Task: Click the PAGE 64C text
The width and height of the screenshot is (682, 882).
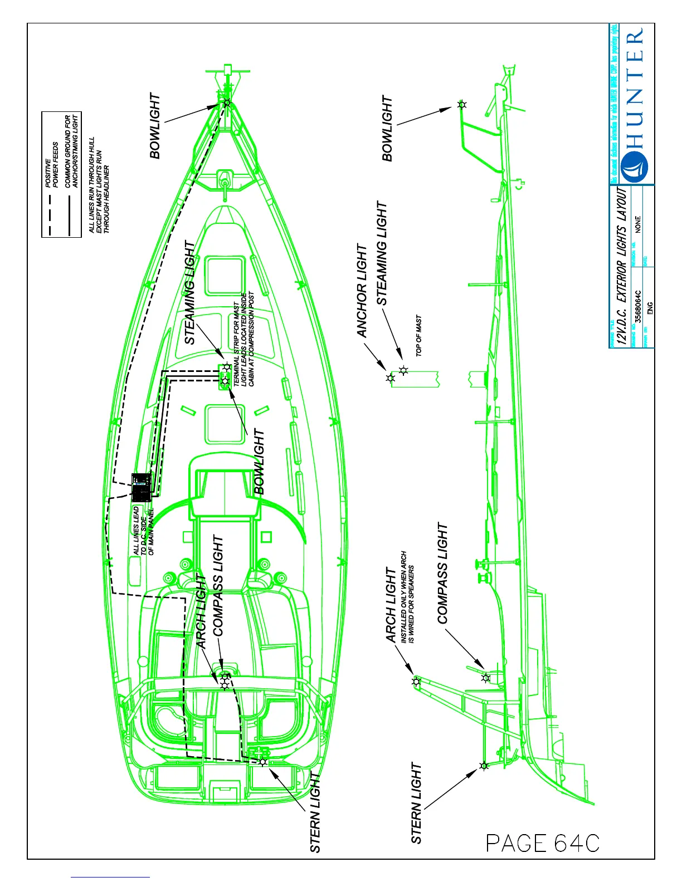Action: pyautogui.click(x=542, y=843)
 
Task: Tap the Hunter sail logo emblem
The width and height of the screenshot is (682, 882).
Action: pyautogui.click(x=633, y=166)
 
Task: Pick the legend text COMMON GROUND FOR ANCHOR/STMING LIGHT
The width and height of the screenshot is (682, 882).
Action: pyautogui.click(x=71, y=151)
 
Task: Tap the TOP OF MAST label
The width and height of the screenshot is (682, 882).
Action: pyautogui.click(x=418, y=335)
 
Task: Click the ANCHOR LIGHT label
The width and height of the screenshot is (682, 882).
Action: pyautogui.click(x=362, y=291)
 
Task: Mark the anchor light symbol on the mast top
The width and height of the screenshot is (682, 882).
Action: pyautogui.click(x=391, y=379)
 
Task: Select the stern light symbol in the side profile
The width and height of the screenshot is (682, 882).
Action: pyautogui.click(x=484, y=766)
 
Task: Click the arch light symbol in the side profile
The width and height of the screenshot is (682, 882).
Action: pyautogui.click(x=416, y=682)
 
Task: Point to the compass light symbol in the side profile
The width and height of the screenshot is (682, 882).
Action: pyautogui.click(x=486, y=678)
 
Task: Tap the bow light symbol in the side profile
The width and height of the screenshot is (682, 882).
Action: pyautogui.click(x=461, y=104)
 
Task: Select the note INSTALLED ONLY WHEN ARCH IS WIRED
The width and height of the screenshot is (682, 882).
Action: pyautogui.click(x=407, y=597)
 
